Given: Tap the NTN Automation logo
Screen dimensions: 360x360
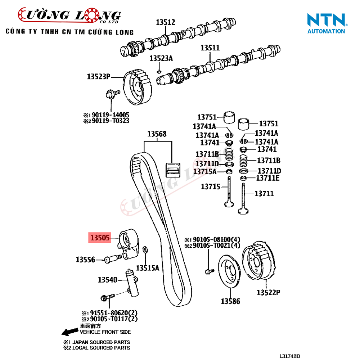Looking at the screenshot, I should point(326,23).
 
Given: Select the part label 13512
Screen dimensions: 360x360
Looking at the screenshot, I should point(165,22).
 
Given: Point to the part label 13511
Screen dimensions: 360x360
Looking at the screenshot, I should point(210,48).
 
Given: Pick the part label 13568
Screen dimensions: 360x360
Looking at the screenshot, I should point(157,134).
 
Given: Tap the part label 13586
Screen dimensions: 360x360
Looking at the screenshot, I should point(230,301).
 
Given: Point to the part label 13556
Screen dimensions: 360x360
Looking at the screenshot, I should point(85,259).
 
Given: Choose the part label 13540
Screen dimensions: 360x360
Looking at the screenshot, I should point(108,279).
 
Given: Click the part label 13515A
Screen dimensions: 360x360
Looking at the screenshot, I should point(147,268).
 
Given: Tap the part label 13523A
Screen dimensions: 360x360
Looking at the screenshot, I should point(161,58).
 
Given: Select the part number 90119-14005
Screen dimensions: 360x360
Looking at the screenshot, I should point(110,115).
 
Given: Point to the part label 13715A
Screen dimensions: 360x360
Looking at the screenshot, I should point(205,171).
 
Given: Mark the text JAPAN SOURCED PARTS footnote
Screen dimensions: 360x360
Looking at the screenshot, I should point(99,342).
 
